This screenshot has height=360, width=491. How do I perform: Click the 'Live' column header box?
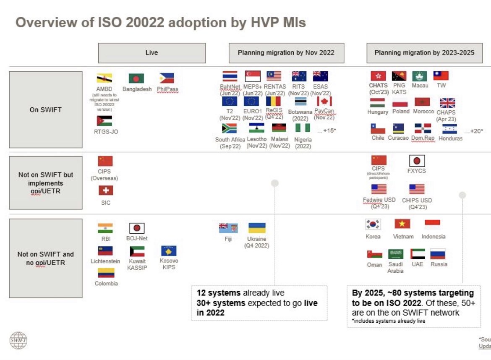pyautogui.click(x=152, y=53)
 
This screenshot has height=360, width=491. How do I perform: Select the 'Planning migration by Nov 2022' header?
pyautogui.click(x=286, y=53)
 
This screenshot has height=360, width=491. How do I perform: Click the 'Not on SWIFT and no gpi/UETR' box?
pyautogui.click(x=46, y=258)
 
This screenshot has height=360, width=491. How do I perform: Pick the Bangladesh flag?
pyautogui.click(x=136, y=78)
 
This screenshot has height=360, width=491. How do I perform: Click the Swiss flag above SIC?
pyautogui.click(x=105, y=191)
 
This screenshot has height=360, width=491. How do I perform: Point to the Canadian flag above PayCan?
pyautogui.click(x=324, y=101)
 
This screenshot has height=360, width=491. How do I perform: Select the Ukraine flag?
pyautogui.click(x=257, y=228)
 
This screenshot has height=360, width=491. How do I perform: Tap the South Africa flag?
pyautogui.click(x=229, y=128)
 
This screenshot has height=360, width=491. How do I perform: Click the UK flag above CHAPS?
pyautogui.click(x=447, y=102)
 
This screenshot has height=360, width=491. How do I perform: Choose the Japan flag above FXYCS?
pyautogui.click(x=417, y=160)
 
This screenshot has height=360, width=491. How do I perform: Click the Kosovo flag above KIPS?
pyautogui.click(x=169, y=251)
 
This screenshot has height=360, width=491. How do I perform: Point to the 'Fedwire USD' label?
pyautogui.click(x=379, y=200)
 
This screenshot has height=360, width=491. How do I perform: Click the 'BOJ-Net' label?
pyautogui.click(x=137, y=238)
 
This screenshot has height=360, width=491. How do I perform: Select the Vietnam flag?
pyautogui.click(x=402, y=224)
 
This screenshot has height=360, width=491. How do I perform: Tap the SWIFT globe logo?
pyautogui.click(x=18, y=340)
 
